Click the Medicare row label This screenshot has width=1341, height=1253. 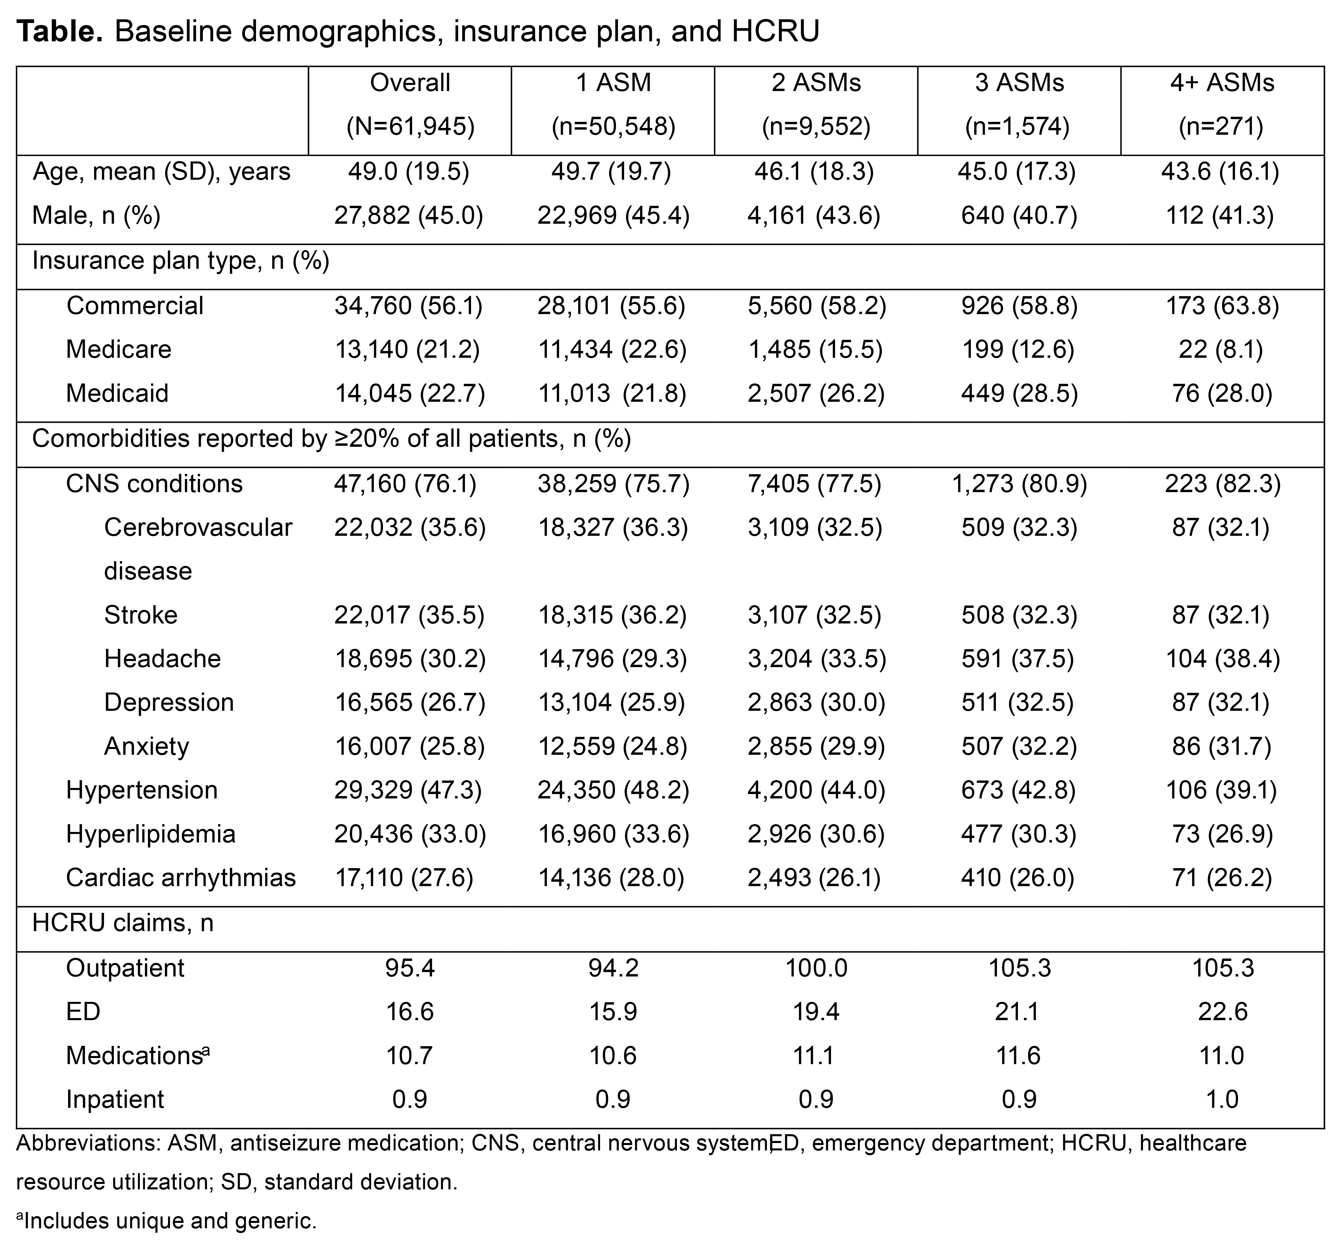[x=119, y=349]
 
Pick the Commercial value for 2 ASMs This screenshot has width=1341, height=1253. [x=816, y=306]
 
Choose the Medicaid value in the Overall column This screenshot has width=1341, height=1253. [x=409, y=393]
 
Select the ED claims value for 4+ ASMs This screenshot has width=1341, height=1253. [x=1221, y=1012]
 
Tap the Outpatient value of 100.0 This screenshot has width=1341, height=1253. [x=816, y=968]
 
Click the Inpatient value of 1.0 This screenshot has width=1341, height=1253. [x=1221, y=1099]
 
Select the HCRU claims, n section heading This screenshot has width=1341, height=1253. [x=123, y=923]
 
